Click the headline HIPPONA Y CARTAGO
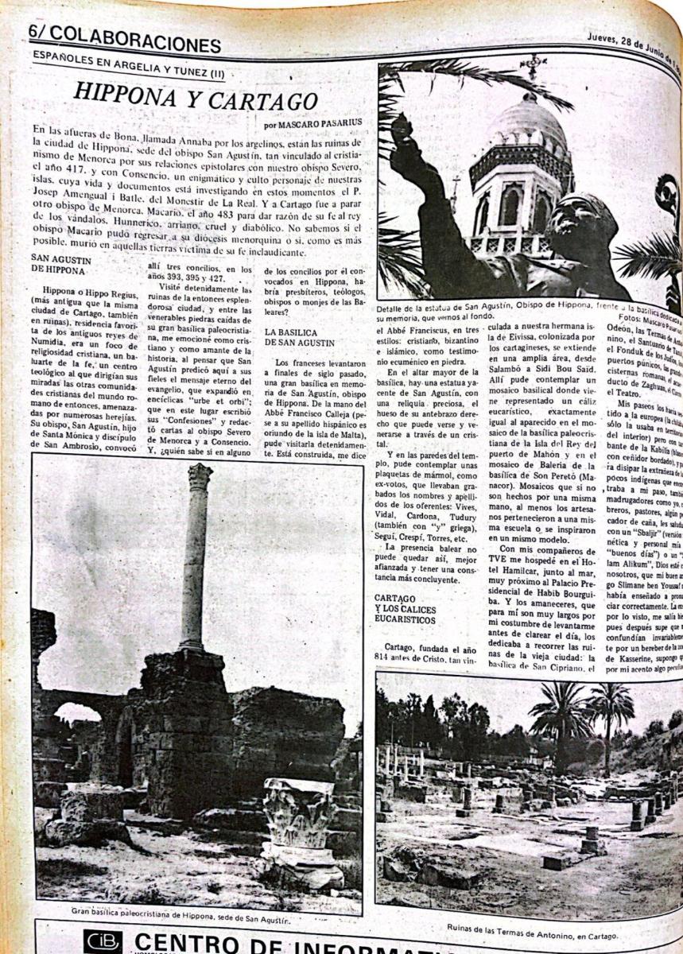click(196, 96)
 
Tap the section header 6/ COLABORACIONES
click(124, 42)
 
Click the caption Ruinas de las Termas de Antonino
click(531, 928)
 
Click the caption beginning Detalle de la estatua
click(509, 308)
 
